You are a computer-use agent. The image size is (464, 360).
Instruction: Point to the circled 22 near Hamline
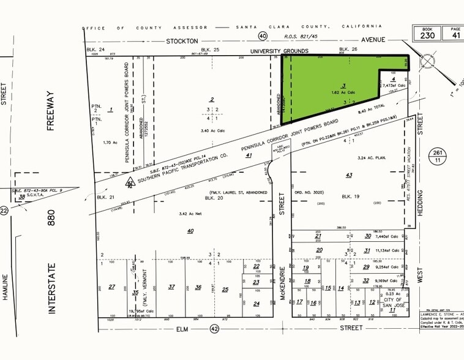click(x=4, y=211)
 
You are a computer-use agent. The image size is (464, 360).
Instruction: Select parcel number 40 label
click(x=190, y=230)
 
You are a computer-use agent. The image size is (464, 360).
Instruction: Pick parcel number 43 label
click(x=349, y=176)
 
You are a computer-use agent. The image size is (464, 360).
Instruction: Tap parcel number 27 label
click(x=111, y=287)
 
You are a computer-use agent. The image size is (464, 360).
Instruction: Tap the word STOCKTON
click(x=182, y=40)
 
